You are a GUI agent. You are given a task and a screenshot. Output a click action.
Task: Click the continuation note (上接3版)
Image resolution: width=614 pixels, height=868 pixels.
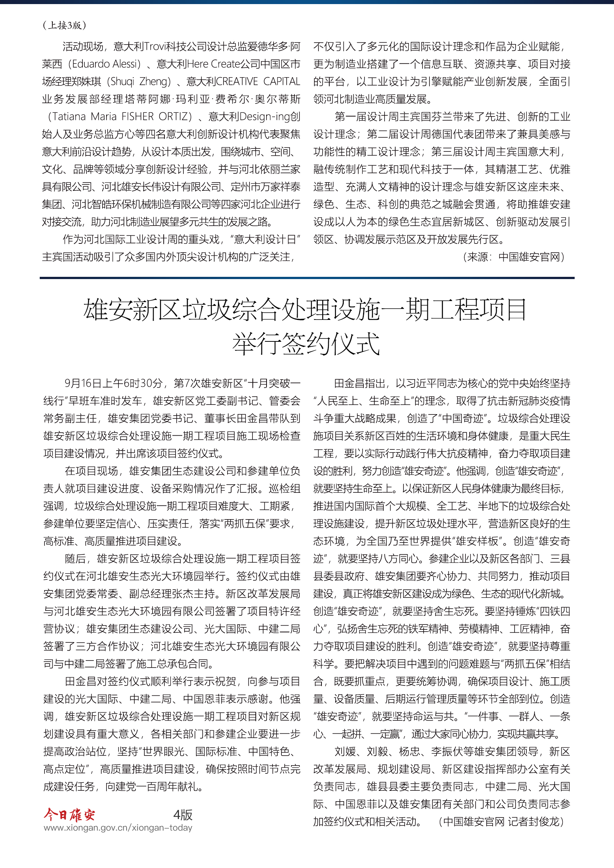pos(64,25)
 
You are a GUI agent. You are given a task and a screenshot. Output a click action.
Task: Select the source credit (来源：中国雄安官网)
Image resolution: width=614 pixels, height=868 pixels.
pos(513,257)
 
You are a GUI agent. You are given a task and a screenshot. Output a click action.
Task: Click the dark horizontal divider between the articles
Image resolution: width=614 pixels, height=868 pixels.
pos(307,278)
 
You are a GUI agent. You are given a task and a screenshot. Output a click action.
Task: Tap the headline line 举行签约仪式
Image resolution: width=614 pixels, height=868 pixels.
pos(306,344)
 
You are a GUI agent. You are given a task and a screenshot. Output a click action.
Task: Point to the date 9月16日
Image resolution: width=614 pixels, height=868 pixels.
pos(78,383)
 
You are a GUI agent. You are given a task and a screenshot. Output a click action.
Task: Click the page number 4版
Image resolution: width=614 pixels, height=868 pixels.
pos(183,815)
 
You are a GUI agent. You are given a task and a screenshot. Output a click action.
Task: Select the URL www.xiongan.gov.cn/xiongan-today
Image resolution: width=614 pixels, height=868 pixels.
pos(118,828)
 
